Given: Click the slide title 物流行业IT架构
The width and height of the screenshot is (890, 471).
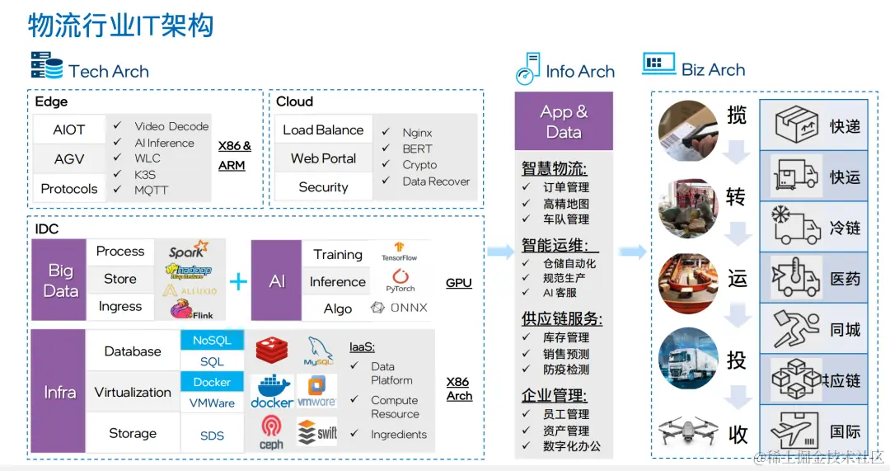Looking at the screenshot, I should coord(121,26).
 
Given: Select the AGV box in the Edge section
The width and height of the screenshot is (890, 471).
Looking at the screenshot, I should coord(69,159).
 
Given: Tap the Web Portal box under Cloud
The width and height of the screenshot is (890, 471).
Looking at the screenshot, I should coord(323,158).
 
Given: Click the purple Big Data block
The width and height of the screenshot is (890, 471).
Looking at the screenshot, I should coord(60,280).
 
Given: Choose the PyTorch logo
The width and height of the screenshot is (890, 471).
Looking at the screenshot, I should coord(400,280).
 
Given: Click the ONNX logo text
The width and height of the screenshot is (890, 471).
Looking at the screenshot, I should coord(400,308).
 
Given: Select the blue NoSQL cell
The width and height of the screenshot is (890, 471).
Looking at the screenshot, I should coord(212,340).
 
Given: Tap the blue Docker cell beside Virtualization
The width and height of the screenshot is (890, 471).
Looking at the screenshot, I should coord(212,382).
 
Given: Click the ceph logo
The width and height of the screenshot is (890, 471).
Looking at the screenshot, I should coord(271,432).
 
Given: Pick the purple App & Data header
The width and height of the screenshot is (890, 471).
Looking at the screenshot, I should coord(564,121).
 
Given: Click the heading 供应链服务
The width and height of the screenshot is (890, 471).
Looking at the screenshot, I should coord(561,319).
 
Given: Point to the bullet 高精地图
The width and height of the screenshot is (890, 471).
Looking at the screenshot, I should coord(566,204).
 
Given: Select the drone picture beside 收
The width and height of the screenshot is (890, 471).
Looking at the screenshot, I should coord(686,431).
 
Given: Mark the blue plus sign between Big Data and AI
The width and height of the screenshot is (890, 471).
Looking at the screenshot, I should coord(238,282).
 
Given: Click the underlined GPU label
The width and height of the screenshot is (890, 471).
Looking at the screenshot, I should coord(458,283).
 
